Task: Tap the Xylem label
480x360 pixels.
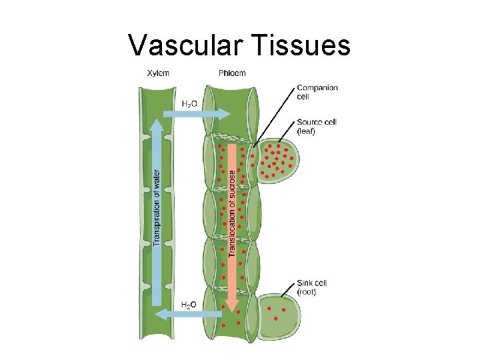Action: pyautogui.click(x=158, y=73)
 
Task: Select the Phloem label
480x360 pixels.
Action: pyautogui.click(x=231, y=73)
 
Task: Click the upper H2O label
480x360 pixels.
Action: pyautogui.click(x=189, y=103)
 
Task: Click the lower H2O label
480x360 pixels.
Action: pyautogui.click(x=189, y=305)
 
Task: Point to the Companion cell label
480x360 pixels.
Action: pyautogui.click(x=317, y=92)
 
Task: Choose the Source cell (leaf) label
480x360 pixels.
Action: pyautogui.click(x=317, y=127)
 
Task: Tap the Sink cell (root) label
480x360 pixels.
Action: pyautogui.click(x=312, y=287)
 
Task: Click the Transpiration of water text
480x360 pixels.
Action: pyautogui.click(x=157, y=207)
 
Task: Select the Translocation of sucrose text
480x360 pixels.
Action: pyautogui.click(x=232, y=212)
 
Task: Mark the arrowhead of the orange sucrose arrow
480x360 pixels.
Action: pyautogui.click(x=231, y=304)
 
